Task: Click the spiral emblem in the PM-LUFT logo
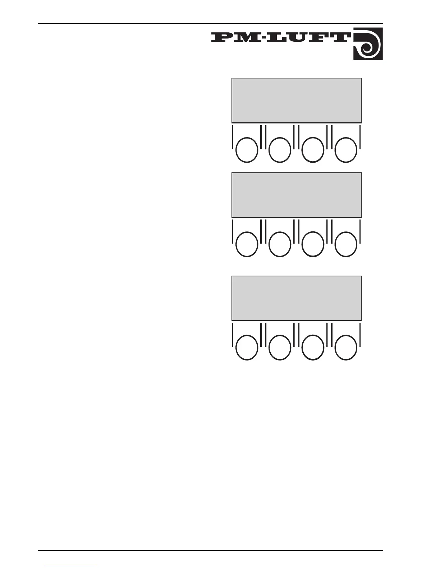tap(368, 44)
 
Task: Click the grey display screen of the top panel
tap(296, 100)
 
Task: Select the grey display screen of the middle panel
tap(296, 195)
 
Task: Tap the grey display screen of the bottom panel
tap(296, 298)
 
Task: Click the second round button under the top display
tap(280, 150)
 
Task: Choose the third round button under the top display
tap(313, 150)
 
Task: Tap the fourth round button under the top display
tap(346, 150)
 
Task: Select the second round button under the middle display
tap(280, 245)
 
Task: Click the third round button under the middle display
tap(313, 245)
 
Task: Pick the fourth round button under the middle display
tap(346, 245)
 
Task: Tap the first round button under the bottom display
tap(247, 348)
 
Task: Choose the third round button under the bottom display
tap(313, 348)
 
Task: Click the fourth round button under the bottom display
tap(346, 348)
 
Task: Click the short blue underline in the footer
tap(72, 567)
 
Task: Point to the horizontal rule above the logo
tap(210, 24)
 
